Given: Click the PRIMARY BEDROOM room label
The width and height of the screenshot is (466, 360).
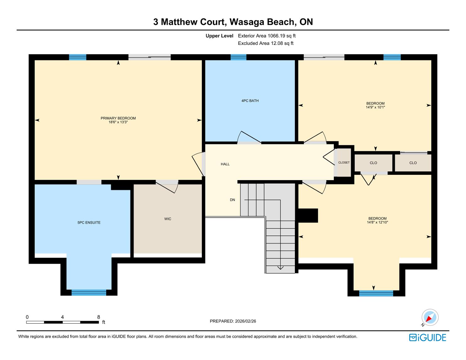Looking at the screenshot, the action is (x=118, y=118).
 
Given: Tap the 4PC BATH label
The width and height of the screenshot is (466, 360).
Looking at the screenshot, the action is (x=250, y=101).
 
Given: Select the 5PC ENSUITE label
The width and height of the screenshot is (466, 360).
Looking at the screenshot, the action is (x=89, y=223).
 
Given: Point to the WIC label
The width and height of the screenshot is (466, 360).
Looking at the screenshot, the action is (x=168, y=219).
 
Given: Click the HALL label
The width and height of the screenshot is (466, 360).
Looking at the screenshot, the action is (x=225, y=164).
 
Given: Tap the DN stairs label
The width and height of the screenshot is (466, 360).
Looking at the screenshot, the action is (x=232, y=200).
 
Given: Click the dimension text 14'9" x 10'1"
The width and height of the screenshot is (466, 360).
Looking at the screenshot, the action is (x=376, y=107).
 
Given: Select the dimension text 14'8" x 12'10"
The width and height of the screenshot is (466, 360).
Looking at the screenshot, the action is (x=377, y=223).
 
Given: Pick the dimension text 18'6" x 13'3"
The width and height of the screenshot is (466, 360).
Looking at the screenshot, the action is (x=118, y=122).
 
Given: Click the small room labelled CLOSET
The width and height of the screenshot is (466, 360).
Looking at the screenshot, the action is (x=344, y=163).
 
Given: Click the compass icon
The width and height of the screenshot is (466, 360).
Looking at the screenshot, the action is (x=430, y=317).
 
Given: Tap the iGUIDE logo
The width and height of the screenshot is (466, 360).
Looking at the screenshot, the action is (x=428, y=337).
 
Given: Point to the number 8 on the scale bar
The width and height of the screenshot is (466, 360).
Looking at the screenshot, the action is (x=99, y=317).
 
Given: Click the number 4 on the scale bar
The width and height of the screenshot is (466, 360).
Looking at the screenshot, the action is (x=62, y=317).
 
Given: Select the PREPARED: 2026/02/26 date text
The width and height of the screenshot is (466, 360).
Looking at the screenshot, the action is (x=233, y=321).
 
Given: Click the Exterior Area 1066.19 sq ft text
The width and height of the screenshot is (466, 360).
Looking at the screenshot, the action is (x=267, y=36).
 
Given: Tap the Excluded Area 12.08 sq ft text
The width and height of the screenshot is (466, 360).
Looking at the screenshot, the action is (x=266, y=43).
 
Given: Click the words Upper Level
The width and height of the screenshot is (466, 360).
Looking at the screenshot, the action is (x=219, y=36).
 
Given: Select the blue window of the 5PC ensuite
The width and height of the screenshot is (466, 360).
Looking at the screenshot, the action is (x=89, y=293).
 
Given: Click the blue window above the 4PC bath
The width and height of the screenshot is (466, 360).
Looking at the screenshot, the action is (x=238, y=57).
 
